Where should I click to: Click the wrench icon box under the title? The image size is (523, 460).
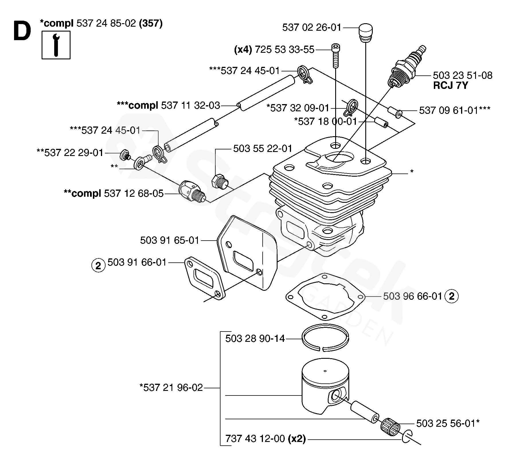[56, 45]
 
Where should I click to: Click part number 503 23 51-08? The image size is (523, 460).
[462, 75]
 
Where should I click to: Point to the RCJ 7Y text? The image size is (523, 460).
[450, 85]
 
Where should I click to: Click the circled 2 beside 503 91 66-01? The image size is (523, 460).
[98, 266]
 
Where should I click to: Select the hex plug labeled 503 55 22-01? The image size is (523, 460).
[219, 181]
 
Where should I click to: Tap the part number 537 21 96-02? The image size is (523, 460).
[171, 388]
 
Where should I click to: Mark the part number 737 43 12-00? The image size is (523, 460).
[255, 439]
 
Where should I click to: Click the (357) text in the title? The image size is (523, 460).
[151, 23]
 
